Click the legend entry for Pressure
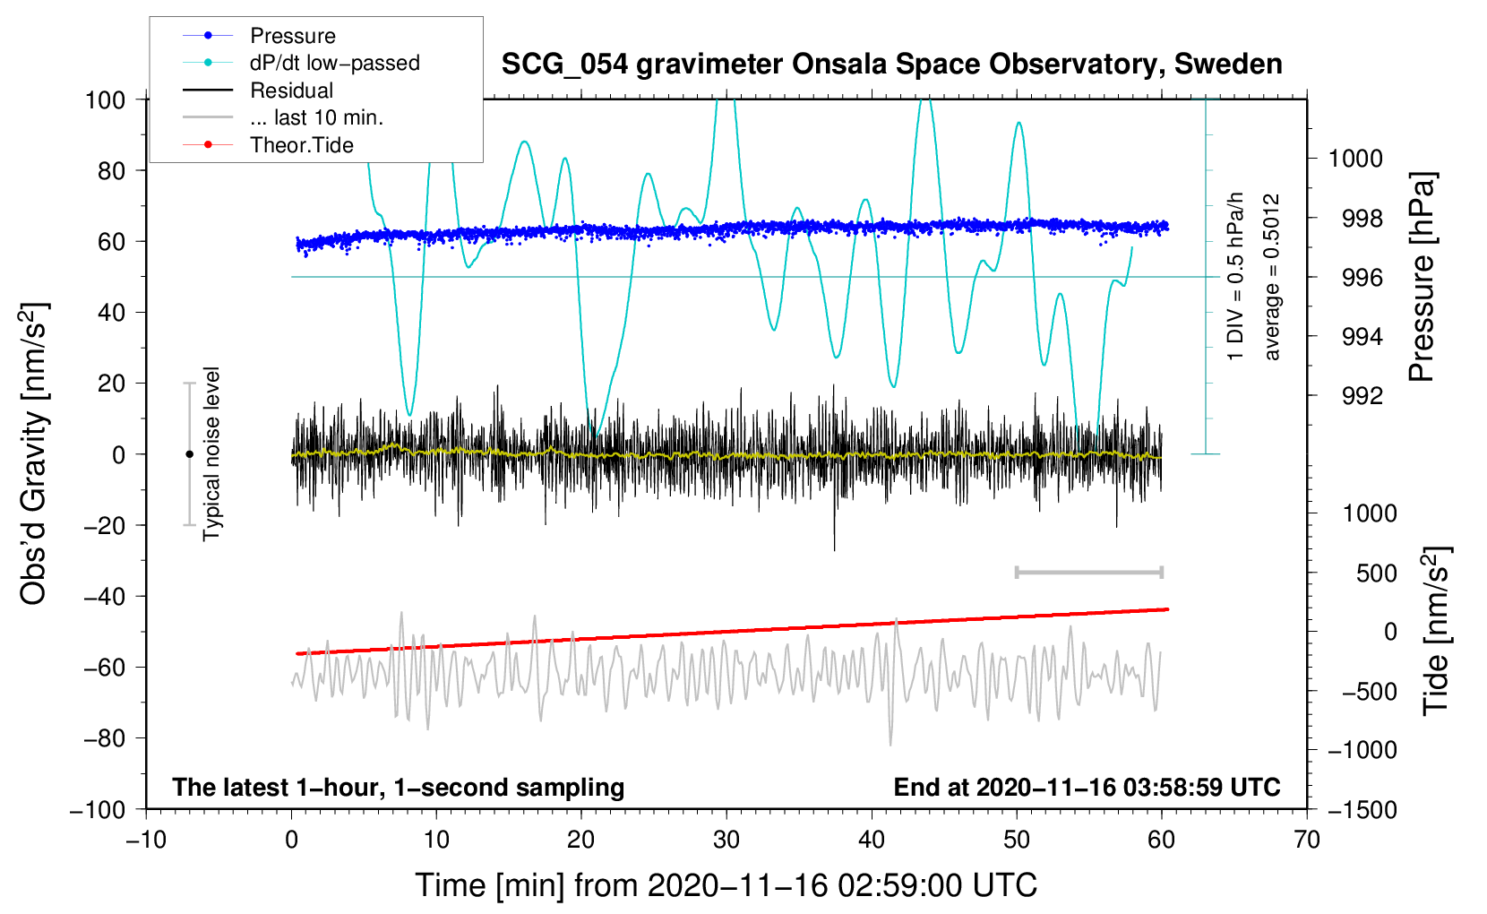click(292, 36)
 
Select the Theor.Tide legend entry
click(301, 145)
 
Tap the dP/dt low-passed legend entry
click(334, 63)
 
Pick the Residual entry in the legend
click(291, 91)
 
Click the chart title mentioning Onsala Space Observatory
click(891, 65)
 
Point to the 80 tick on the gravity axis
click(111, 170)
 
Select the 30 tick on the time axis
click(726, 840)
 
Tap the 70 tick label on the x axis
click(1307, 840)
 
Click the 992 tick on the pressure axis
click(1362, 396)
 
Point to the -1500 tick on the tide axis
click(1362, 809)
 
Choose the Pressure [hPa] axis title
click(1423, 277)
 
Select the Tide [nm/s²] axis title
click(1436, 632)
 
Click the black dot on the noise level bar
click(189, 454)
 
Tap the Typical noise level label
click(211, 453)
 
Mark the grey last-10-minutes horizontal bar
click(1088, 572)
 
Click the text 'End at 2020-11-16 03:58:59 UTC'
click(1087, 788)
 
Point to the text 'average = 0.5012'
click(1272, 277)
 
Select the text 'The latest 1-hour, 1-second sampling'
click(398, 788)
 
